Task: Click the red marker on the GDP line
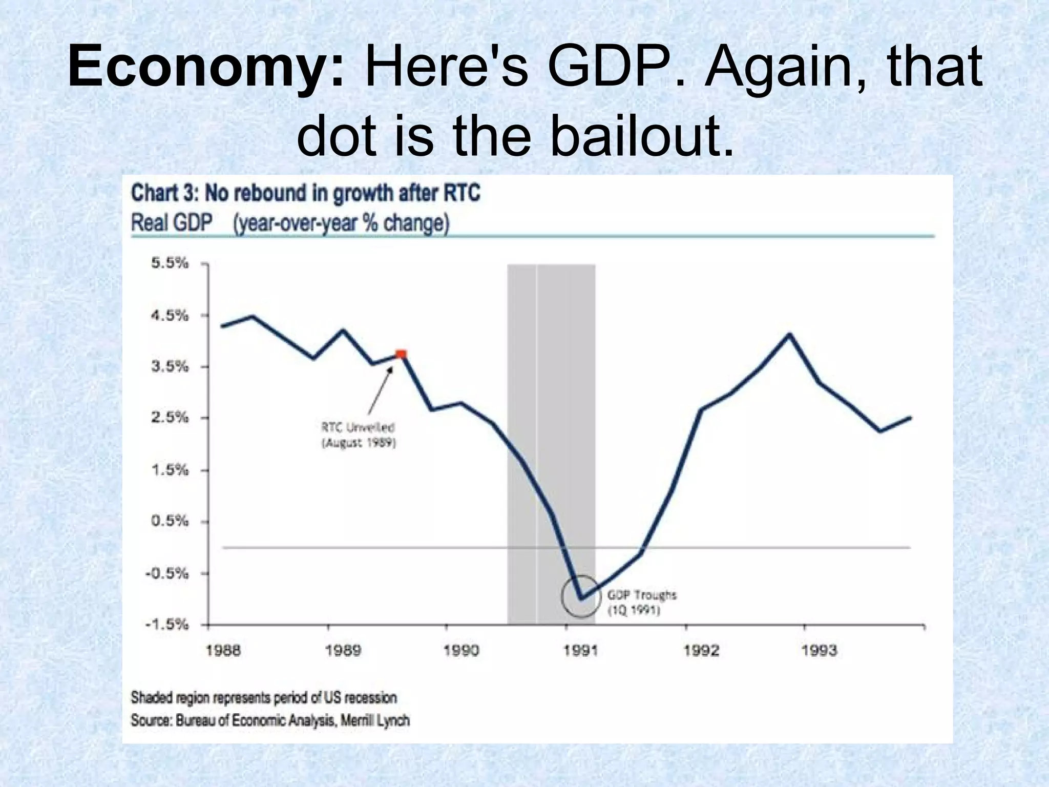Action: pyautogui.click(x=401, y=354)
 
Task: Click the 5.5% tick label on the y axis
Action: pyautogui.click(x=170, y=263)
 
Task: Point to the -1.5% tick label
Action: pyautogui.click(x=167, y=625)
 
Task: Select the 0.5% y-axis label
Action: pyautogui.click(x=170, y=521)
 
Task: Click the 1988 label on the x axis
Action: pyautogui.click(x=223, y=651)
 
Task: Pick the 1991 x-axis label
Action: pyautogui.click(x=580, y=651)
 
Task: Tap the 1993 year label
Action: pyautogui.click(x=819, y=651)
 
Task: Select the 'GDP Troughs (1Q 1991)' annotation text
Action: pyautogui.click(x=641, y=603)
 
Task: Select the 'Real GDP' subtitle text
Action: pyautogui.click(x=172, y=223)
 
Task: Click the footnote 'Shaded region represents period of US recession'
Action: pyautogui.click(x=264, y=697)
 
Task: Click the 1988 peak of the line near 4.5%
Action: pyautogui.click(x=254, y=316)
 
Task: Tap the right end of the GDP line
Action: pyautogui.click(x=910, y=418)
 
